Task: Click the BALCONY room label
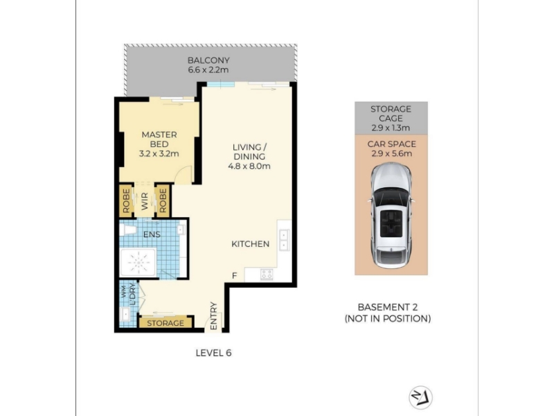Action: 208,60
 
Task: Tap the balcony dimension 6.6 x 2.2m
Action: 208,70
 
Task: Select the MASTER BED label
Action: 159,139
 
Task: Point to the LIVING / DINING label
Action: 249,152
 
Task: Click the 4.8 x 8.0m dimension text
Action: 249,166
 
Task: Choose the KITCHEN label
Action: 251,244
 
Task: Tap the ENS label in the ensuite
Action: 152,234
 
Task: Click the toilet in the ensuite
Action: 127,230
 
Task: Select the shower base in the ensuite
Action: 138,263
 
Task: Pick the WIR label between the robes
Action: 145,201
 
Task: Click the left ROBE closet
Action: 126,201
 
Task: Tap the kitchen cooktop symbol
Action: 267,274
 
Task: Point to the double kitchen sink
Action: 285,240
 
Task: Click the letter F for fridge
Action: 235,275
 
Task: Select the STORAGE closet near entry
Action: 166,322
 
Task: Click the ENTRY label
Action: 213,316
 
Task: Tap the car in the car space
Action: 391,216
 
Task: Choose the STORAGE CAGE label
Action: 391,114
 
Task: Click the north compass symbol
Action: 421,397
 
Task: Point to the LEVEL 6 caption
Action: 213,353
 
